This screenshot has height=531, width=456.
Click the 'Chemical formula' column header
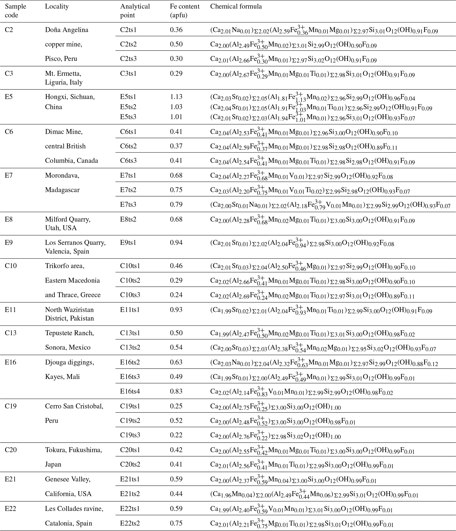click(236, 6)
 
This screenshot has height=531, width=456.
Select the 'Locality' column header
click(57, 6)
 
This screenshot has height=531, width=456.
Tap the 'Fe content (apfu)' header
click(184, 11)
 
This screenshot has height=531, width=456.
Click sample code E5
click(9, 97)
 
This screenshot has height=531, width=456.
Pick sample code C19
click(11, 406)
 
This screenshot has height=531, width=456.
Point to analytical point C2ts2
click(128, 44)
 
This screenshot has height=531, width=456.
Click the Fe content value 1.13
click(176, 97)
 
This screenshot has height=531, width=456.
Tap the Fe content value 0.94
click(176, 242)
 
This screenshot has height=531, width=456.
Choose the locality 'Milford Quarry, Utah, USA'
click(68, 223)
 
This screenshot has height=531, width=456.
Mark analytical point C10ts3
click(130, 295)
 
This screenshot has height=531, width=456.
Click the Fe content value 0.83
click(176, 391)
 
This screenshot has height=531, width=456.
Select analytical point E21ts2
click(130, 494)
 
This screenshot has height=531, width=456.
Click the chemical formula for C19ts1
click(275, 407)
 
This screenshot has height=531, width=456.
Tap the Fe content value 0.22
click(176, 435)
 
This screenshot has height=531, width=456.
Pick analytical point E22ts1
click(130, 509)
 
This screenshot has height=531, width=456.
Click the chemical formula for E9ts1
click(302, 243)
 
